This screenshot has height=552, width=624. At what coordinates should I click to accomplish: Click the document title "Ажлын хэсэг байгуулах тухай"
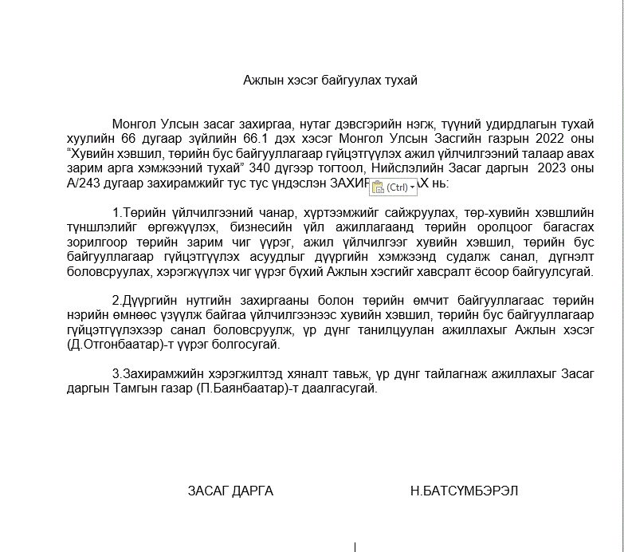(330, 80)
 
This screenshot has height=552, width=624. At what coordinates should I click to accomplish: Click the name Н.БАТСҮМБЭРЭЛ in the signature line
(464, 491)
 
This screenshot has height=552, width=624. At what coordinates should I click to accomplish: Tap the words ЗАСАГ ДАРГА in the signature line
(230, 491)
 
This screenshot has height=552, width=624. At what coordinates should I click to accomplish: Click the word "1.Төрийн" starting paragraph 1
(139, 213)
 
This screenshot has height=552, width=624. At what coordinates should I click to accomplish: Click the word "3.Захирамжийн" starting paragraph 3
(155, 375)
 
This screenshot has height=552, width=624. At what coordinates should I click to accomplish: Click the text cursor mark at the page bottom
(355, 546)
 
